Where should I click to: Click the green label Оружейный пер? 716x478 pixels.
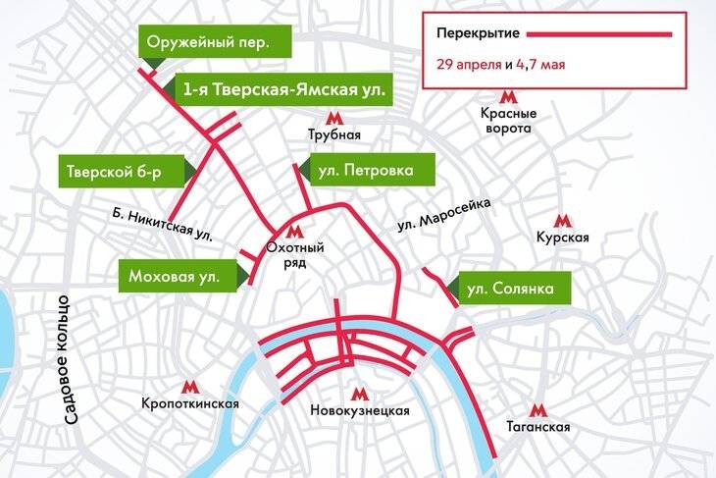point(207,43)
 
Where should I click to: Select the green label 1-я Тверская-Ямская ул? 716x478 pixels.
point(283,91)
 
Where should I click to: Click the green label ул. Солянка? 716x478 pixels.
point(509,289)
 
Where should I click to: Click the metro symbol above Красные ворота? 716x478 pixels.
point(506,96)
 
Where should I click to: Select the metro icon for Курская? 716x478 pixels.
point(562,221)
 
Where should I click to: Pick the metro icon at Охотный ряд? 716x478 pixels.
point(295,232)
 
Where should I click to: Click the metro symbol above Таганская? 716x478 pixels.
point(538,410)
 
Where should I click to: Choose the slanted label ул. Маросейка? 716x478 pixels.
point(444,213)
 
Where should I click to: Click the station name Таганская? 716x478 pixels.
point(538,429)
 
